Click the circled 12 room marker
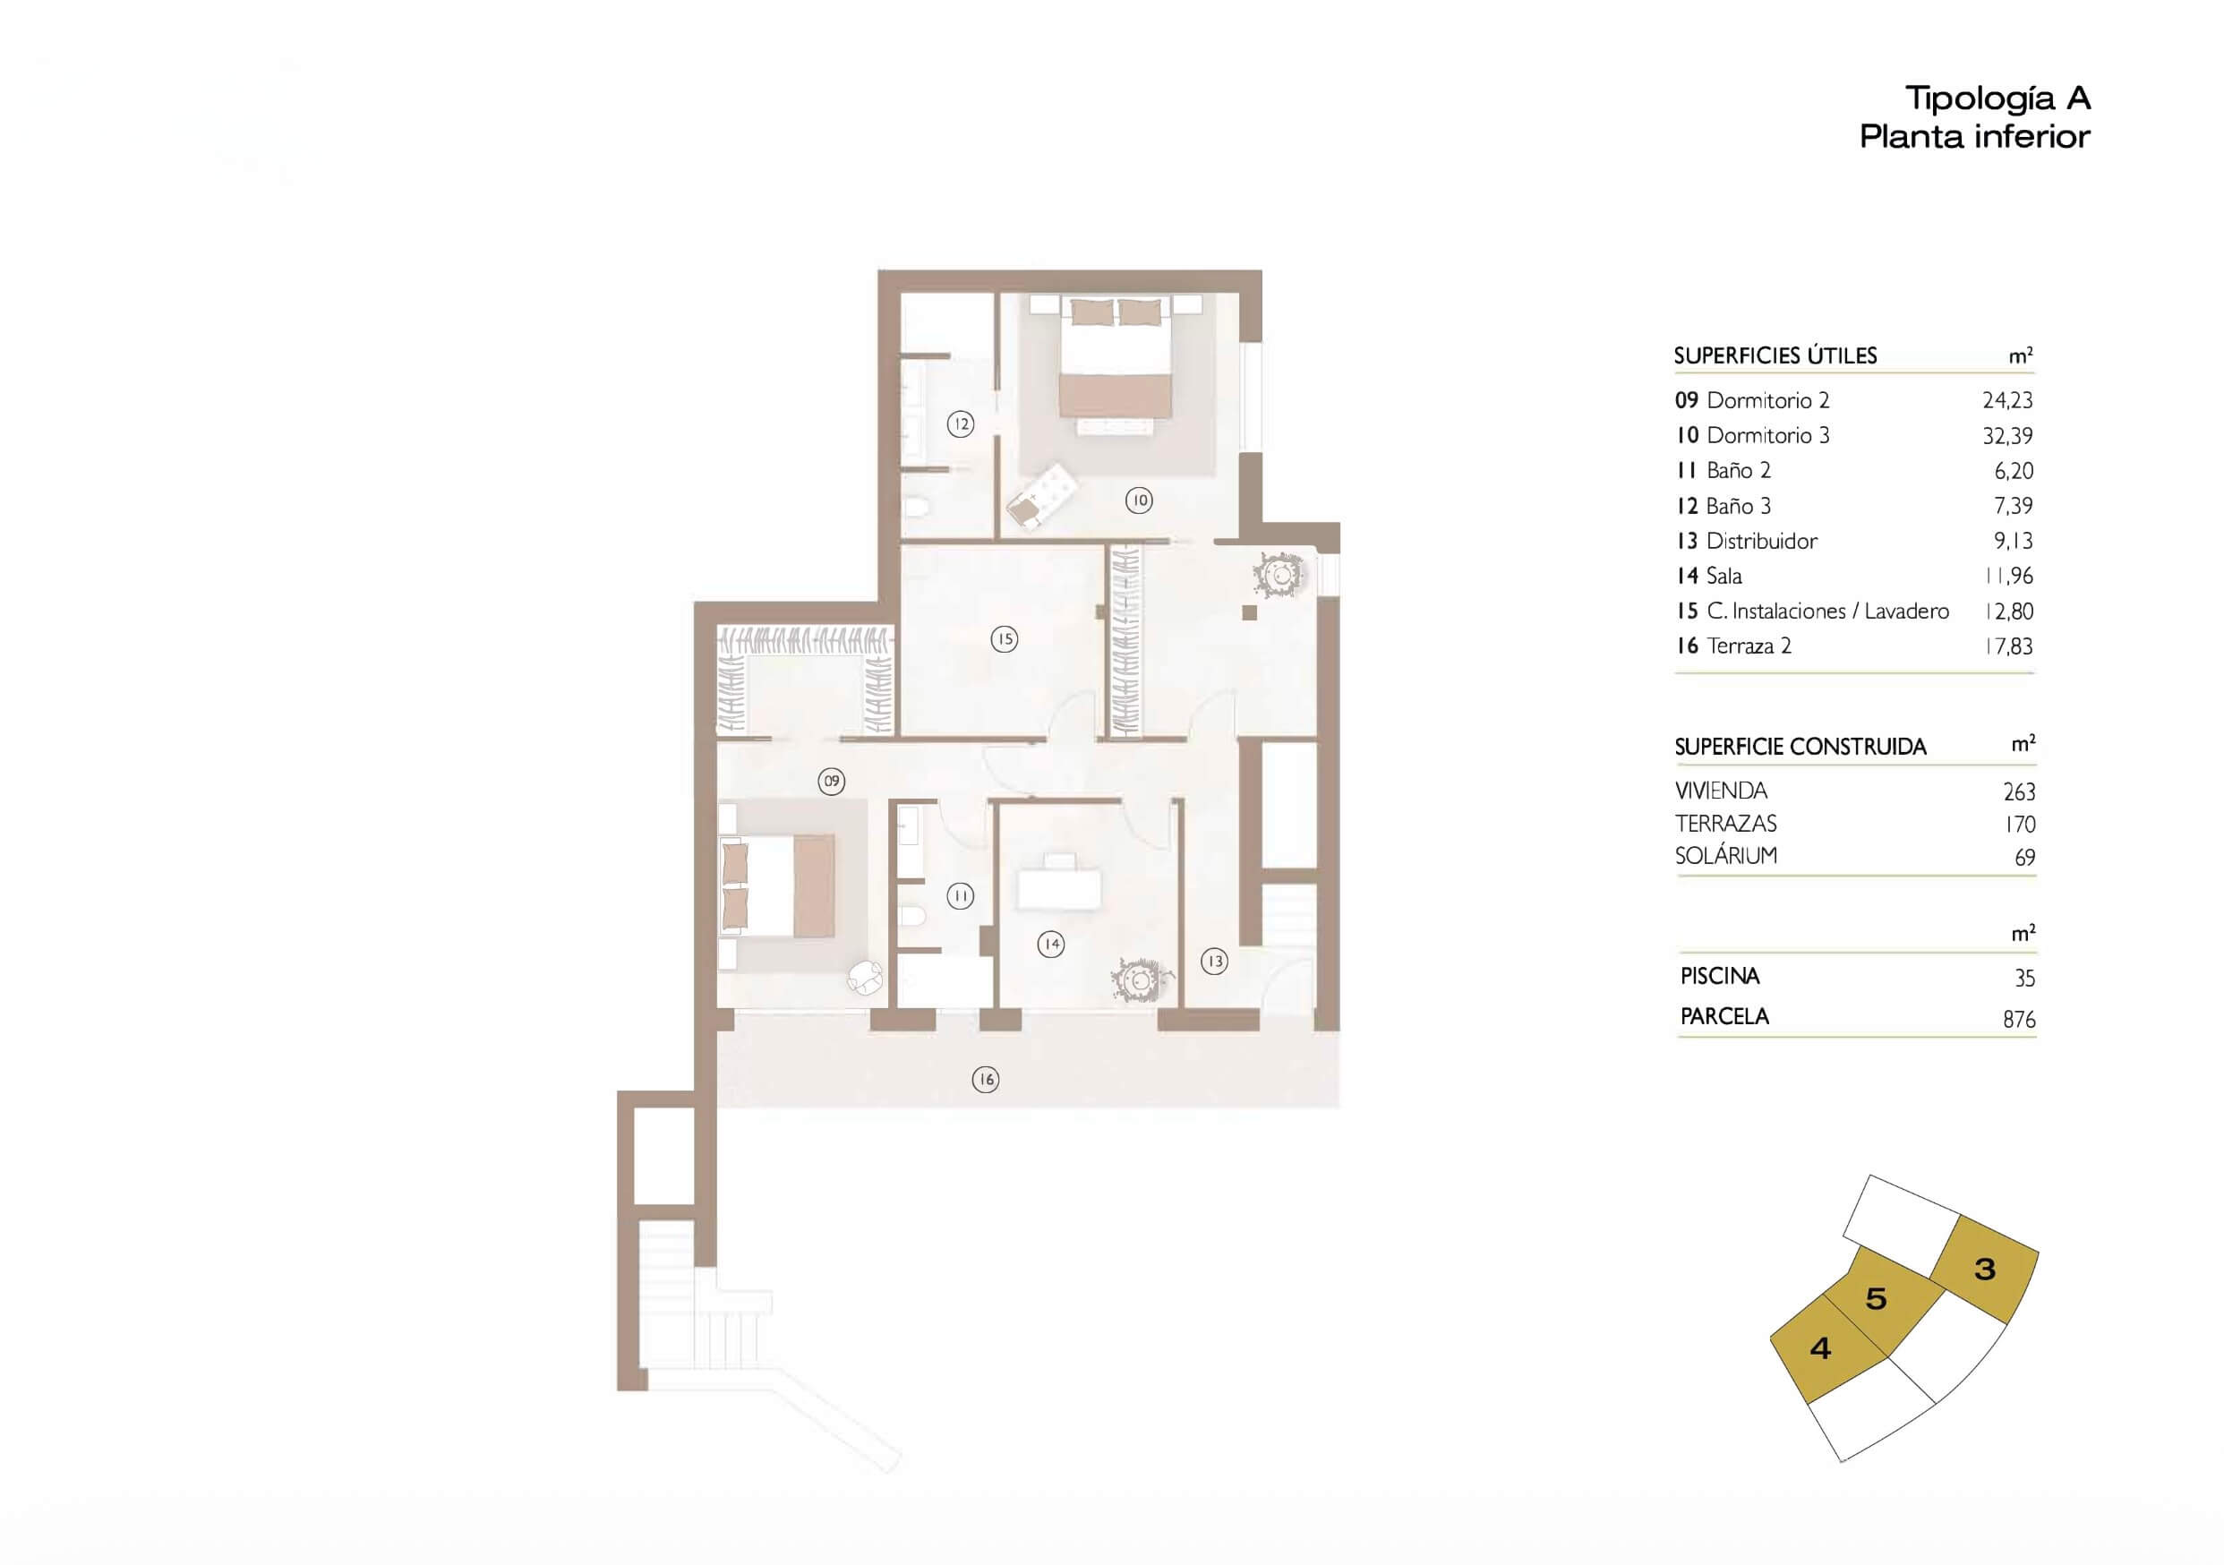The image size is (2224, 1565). (x=960, y=423)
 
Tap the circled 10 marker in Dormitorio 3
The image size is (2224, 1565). (x=1138, y=500)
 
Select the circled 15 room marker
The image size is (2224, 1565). (x=1005, y=638)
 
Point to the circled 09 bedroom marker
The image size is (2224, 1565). (x=831, y=781)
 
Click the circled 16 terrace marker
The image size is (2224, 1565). (x=985, y=1079)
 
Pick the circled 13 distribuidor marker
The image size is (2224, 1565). (x=1214, y=961)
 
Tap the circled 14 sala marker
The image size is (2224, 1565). (x=1051, y=945)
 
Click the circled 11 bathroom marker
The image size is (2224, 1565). (x=960, y=896)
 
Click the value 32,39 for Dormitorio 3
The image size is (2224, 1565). (x=2007, y=437)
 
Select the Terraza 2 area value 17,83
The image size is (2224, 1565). (x=2008, y=646)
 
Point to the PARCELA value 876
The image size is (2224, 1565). (x=2019, y=1020)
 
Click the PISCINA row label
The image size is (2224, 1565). (x=1719, y=976)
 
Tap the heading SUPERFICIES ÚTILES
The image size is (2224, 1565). (x=1775, y=355)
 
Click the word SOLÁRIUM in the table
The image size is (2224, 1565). (x=1726, y=856)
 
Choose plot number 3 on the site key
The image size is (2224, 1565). (x=1985, y=1269)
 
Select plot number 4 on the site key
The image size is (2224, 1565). (x=1820, y=1348)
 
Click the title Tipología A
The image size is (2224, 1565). (x=1997, y=98)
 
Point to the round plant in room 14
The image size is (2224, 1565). (x=1140, y=981)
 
